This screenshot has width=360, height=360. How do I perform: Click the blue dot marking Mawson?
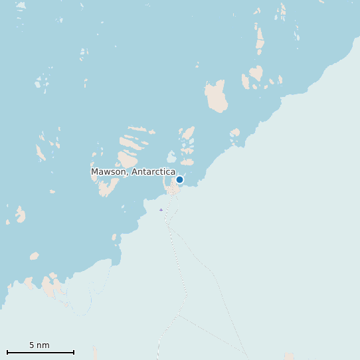tap(179, 179)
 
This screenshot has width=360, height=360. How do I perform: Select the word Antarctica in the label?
tap(153, 172)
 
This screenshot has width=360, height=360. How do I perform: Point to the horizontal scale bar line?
tap(40, 352)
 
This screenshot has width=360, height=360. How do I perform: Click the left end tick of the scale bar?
tap(7, 352)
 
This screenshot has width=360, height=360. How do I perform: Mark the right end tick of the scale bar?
tap(73, 352)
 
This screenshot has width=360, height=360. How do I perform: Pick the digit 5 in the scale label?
tap(31, 345)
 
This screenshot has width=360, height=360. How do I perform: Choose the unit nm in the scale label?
tap(43, 345)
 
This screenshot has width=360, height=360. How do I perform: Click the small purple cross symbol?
tap(161, 210)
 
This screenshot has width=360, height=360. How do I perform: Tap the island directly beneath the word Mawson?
tap(107, 187)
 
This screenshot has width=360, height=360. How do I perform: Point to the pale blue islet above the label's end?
tap(171, 157)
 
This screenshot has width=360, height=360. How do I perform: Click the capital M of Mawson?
tap(95, 172)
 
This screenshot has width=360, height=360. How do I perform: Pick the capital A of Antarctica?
tap(135, 172)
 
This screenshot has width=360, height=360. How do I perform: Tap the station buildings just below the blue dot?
tap(173, 190)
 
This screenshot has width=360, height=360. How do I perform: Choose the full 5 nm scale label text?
tap(39, 345)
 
